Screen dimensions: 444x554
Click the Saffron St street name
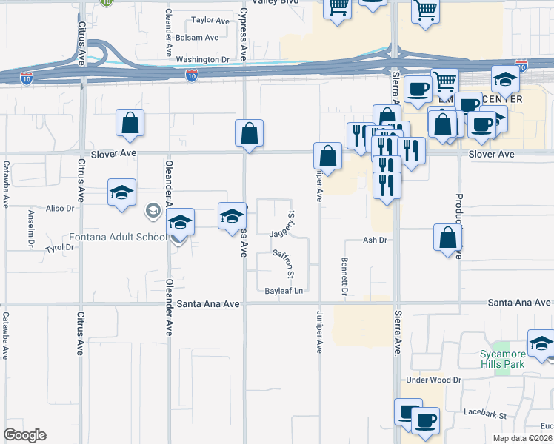[284, 263]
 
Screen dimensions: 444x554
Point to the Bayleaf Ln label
[284, 291]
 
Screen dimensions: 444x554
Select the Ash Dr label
[375, 240]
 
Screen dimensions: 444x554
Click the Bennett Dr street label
[344, 275]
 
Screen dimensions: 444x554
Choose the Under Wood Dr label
[433, 380]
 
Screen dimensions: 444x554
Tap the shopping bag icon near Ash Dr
[448, 238]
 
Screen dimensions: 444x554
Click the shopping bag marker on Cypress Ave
[250, 134]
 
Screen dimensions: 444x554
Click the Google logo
[24, 435]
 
